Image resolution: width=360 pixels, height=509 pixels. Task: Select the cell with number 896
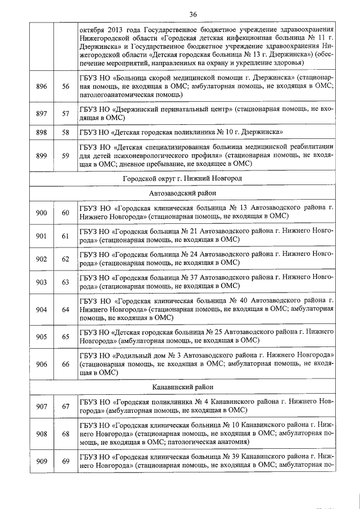point(41,86)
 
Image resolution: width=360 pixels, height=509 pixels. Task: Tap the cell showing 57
point(65,114)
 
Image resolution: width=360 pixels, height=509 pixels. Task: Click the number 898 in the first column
point(41,132)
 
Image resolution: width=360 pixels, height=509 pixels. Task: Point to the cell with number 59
point(65,156)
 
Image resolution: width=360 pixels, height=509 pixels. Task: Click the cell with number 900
point(41,212)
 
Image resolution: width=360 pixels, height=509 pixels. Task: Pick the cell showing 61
point(65,236)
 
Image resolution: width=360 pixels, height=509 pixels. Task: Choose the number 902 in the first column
point(41,259)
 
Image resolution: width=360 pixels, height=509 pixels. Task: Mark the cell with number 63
point(65,282)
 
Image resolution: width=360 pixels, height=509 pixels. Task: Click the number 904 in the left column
point(41,309)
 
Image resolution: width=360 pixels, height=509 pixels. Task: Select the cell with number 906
point(41,364)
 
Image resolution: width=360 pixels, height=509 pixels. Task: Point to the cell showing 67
point(65,407)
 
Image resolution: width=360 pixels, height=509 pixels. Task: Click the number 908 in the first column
point(41,434)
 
